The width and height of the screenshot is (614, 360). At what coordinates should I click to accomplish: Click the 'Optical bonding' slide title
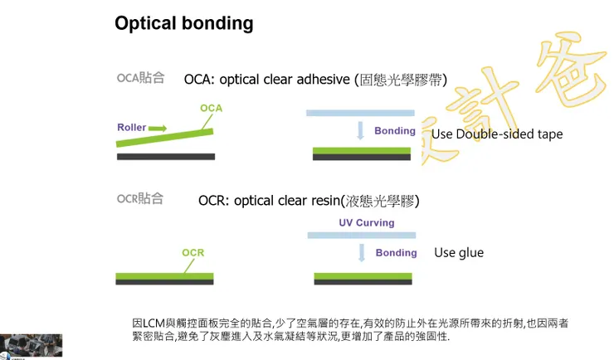[183, 23]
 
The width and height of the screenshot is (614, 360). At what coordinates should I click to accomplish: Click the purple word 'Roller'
[131, 128]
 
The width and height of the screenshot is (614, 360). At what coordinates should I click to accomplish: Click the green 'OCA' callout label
[211, 109]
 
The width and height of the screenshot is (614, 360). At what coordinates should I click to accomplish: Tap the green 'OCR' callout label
[193, 252]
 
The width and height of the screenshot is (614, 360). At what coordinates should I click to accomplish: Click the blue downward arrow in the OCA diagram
[360, 131]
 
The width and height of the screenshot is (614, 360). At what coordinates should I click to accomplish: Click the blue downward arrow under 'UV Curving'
[360, 253]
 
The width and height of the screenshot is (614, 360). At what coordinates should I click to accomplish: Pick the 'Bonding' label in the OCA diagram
[395, 131]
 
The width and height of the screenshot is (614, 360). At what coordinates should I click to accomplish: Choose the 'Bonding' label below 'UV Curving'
[396, 253]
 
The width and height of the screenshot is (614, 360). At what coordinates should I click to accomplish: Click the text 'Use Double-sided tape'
[496, 134]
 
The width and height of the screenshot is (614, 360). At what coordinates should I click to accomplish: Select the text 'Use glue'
[458, 253]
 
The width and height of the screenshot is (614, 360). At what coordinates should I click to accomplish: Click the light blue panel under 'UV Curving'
[362, 236]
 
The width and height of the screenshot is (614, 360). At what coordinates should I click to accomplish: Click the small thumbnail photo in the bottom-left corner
[32, 345]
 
